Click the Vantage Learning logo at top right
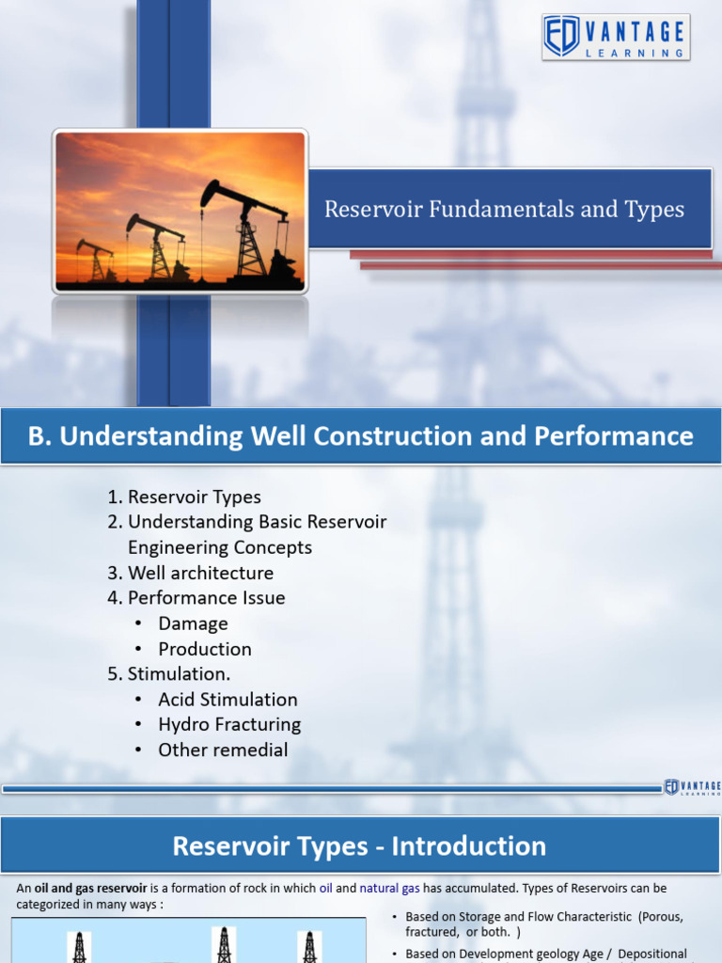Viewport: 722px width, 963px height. (616, 38)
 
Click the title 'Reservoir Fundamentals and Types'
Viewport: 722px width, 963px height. (504, 209)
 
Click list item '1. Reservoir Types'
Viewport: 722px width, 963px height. (183, 497)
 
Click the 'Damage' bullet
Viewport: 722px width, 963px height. (193, 624)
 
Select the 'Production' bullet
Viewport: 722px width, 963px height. (204, 649)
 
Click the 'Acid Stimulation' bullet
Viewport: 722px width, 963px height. (228, 700)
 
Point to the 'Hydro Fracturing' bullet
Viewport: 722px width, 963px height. (229, 725)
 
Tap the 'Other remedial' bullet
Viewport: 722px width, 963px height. (223, 750)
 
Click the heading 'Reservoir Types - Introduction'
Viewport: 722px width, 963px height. (359, 845)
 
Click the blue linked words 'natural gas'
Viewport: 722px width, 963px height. (389, 888)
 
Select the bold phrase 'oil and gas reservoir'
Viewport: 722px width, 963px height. (91, 888)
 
